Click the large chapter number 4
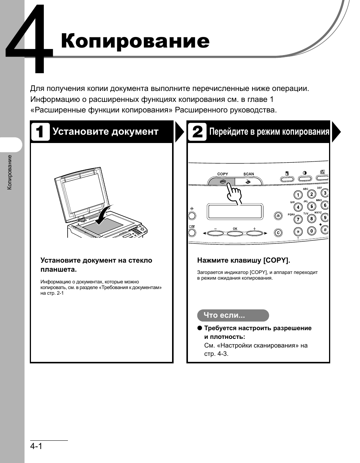click(29, 40)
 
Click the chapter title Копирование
click(135, 42)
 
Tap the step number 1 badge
click(40, 132)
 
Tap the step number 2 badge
click(197, 132)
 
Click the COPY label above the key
click(223, 174)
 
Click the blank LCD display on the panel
click(234, 212)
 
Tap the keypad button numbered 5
click(311, 206)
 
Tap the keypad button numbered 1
click(298, 195)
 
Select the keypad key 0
click(311, 231)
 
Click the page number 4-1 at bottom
click(36, 446)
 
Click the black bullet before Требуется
click(200, 328)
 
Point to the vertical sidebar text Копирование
click(10, 172)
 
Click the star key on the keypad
click(298, 231)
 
